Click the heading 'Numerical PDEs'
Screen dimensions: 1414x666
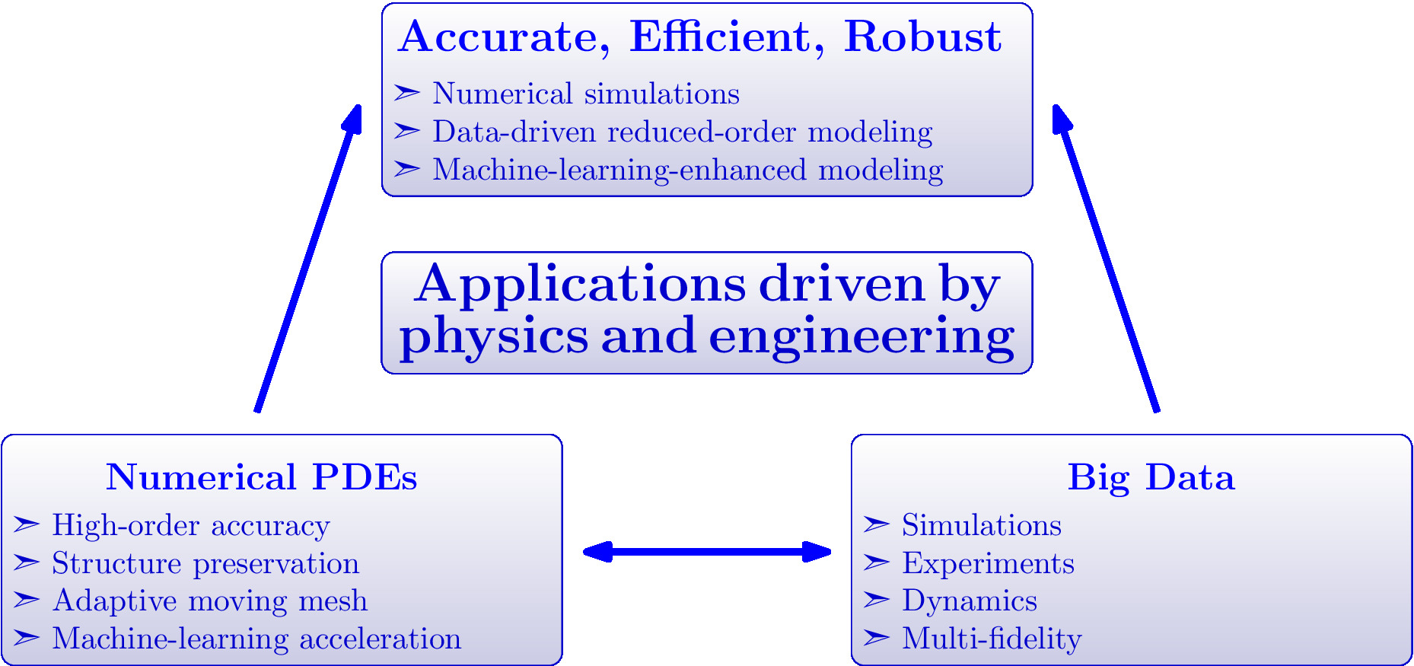[x=261, y=477]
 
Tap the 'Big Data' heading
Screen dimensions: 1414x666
[x=1151, y=478]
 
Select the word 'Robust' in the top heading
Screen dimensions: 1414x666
[x=922, y=37]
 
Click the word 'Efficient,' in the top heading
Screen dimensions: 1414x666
[x=727, y=37]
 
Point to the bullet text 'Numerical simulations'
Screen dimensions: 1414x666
[x=586, y=94]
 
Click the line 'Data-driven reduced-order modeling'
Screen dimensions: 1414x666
[x=683, y=132]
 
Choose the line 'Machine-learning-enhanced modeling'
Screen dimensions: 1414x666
[x=688, y=170]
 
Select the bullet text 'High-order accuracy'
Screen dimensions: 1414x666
[x=191, y=526]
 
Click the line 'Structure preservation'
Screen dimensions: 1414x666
[x=205, y=564]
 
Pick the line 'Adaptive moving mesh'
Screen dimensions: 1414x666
[x=210, y=601]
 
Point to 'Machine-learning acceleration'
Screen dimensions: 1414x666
[x=256, y=639]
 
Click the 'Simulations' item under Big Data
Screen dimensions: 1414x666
[x=982, y=525]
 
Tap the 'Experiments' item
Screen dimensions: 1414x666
[x=989, y=564]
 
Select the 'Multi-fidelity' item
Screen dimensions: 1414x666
[x=992, y=639]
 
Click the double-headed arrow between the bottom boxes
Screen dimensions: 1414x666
[x=706, y=552]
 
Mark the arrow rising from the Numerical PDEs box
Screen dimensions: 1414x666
[x=307, y=258]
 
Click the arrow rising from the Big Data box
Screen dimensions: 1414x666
[x=1106, y=258]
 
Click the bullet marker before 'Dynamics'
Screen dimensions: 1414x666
[x=876, y=600]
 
